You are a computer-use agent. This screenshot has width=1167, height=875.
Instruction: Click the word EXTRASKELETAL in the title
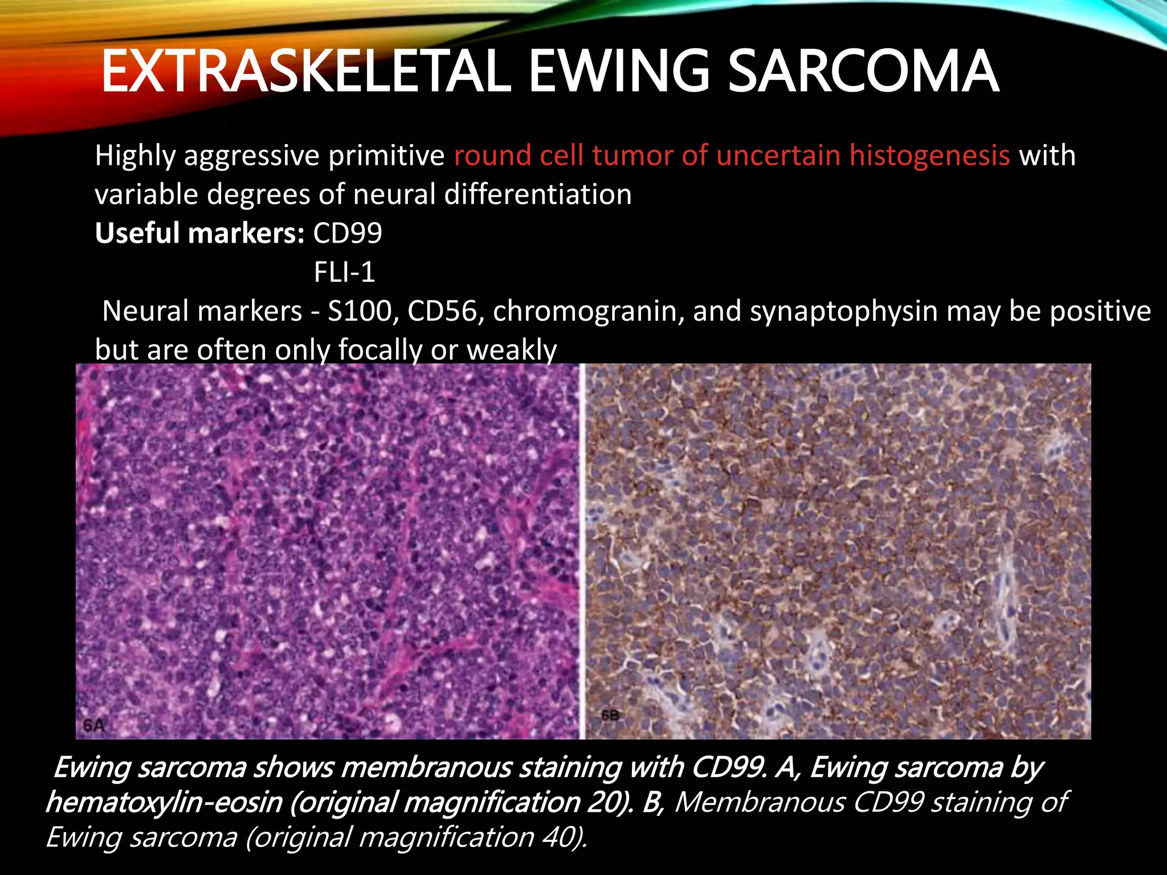coord(305,71)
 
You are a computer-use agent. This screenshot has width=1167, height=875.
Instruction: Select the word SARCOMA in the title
coord(863,71)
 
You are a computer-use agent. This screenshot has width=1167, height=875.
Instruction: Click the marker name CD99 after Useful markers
coord(348,234)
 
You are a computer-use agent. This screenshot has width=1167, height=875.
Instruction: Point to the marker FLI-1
coord(344,272)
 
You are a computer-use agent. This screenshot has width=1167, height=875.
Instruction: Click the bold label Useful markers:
coord(200,234)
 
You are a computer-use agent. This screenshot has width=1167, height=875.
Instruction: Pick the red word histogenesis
coord(929,156)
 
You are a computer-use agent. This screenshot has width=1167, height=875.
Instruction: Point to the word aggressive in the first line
coord(251,156)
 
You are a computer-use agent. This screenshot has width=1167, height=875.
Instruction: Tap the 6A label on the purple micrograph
coord(94,726)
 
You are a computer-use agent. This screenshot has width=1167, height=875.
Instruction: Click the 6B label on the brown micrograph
coord(610,715)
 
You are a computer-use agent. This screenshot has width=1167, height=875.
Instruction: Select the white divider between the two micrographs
coord(582,551)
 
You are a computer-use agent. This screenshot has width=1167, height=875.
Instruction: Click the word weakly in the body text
coord(511,350)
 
